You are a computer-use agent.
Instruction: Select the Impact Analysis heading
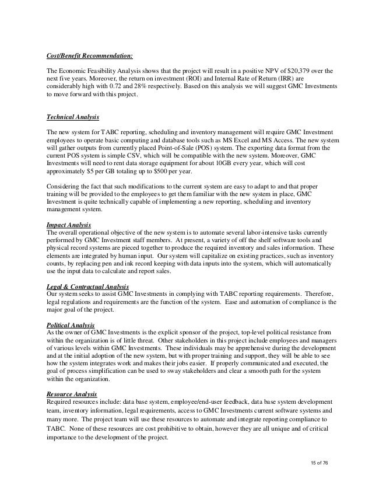tap(68, 223)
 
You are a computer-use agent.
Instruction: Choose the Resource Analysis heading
tap(71, 395)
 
